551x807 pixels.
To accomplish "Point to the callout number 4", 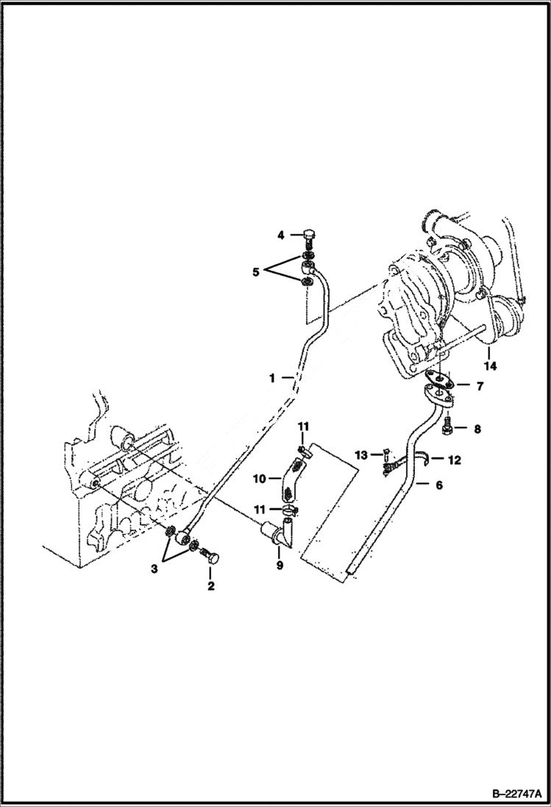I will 281,235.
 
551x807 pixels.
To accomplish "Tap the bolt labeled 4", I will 309,238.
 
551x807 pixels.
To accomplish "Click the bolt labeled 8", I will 448,426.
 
